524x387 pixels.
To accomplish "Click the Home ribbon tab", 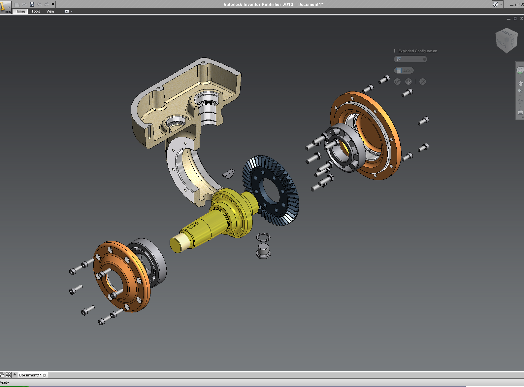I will click(x=20, y=11).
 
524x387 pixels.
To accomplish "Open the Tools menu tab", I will click(x=36, y=11).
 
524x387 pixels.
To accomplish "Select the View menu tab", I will click(x=50, y=11).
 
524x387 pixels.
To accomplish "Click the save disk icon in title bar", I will click(x=32, y=4).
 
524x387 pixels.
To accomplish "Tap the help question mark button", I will click(x=496, y=4).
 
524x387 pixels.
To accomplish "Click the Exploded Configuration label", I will click(x=417, y=51).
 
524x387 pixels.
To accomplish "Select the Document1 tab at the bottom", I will click(x=30, y=375).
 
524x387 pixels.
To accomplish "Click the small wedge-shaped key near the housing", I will click(x=228, y=173).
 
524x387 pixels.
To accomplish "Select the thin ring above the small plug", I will click(x=263, y=237).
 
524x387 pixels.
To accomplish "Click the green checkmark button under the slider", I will click(x=397, y=82).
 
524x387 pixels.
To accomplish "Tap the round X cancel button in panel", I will click(x=423, y=82).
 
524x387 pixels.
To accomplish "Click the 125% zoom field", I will click(x=404, y=70).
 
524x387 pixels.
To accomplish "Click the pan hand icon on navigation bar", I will click(x=520, y=83).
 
